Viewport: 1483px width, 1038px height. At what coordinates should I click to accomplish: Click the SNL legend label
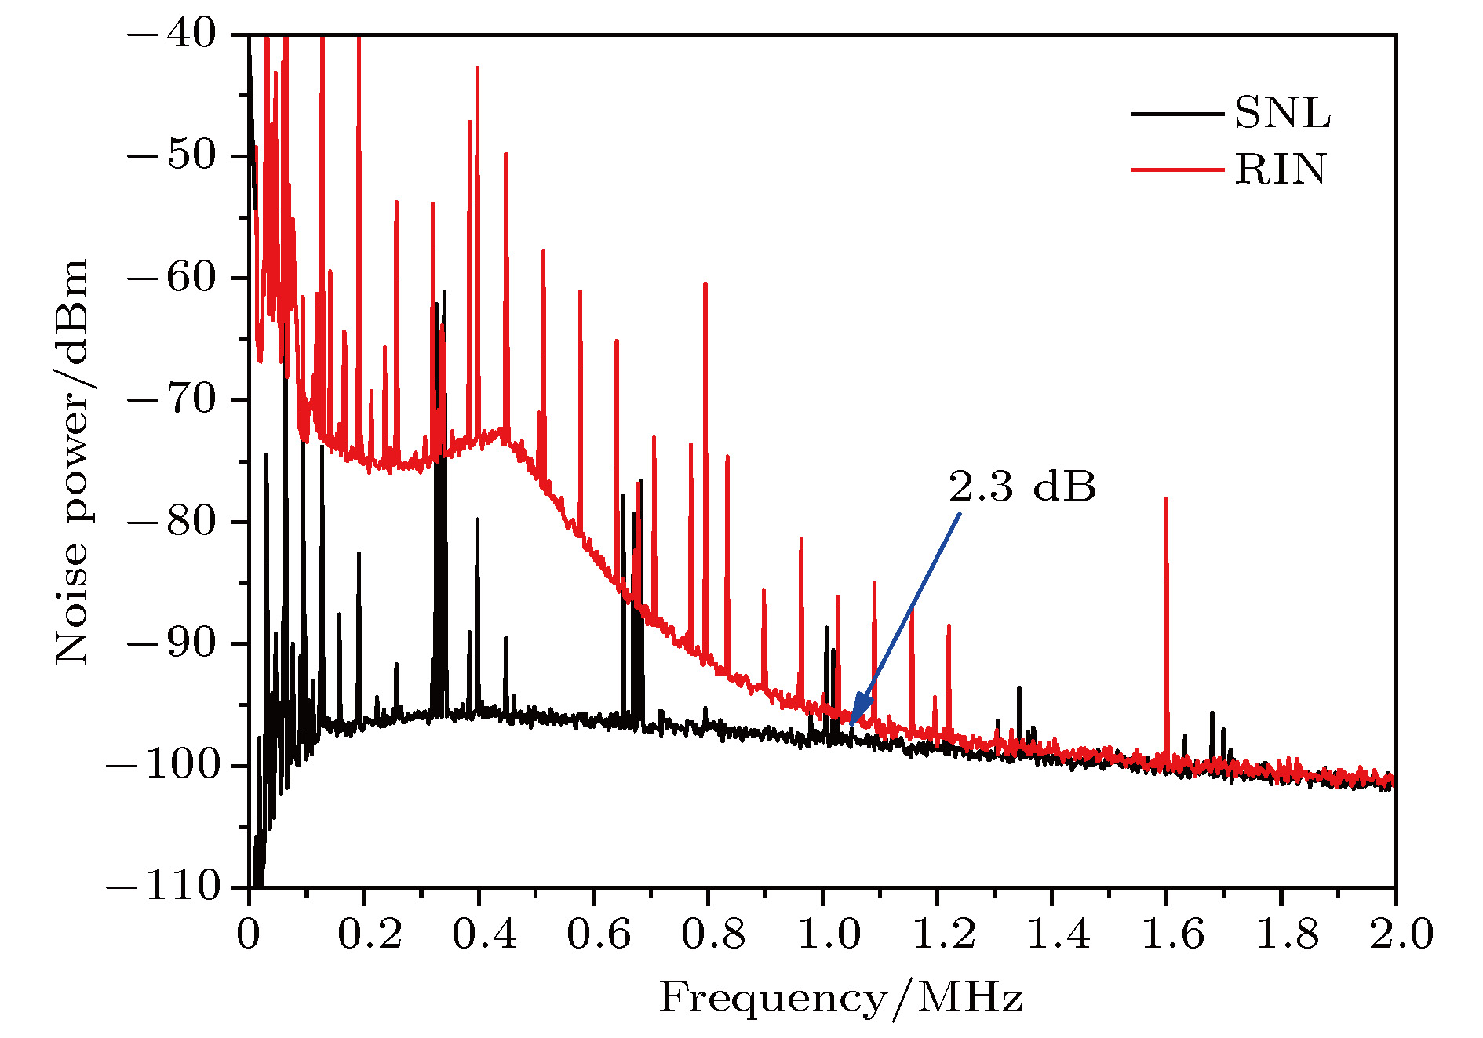[1282, 114]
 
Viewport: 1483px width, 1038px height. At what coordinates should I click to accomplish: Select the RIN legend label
[1281, 169]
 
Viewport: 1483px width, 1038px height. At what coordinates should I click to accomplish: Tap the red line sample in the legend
[1176, 169]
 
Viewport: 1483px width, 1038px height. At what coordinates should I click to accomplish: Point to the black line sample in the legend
[1176, 114]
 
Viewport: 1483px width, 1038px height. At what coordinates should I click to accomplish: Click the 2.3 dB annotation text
[1022, 486]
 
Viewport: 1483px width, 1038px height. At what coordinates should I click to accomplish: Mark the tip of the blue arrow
[851, 723]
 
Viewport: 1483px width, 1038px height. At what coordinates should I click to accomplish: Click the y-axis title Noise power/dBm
[72, 461]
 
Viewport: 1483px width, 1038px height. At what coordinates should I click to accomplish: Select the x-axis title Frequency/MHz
[840, 999]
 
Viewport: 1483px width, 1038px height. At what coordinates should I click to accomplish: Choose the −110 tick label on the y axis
[163, 887]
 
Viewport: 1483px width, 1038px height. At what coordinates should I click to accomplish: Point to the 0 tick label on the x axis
[249, 934]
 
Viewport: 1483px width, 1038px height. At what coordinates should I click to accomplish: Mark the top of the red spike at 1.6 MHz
[1167, 498]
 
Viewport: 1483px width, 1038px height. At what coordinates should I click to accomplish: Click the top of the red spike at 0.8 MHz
[705, 283]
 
